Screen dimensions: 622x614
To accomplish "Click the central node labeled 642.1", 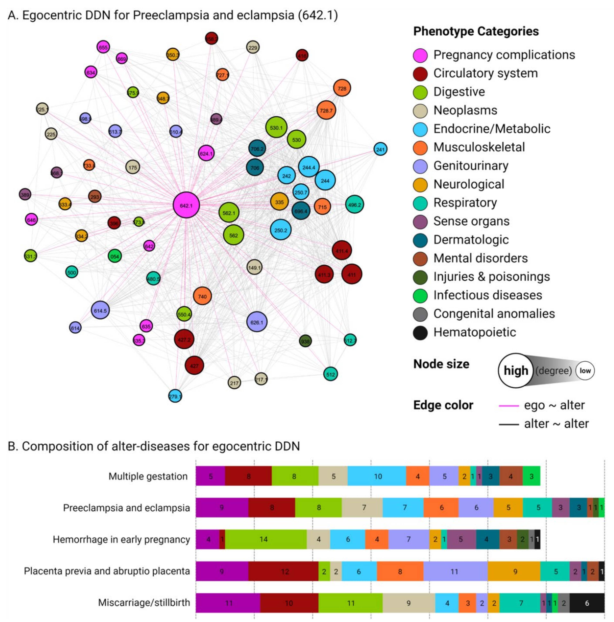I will pyautogui.click(x=186, y=205).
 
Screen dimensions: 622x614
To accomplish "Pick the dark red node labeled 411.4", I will pyautogui.click(x=341, y=251).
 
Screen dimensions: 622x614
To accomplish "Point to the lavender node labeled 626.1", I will pyautogui.click(x=256, y=322).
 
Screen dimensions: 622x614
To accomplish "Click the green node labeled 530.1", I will pyautogui.click(x=276, y=128).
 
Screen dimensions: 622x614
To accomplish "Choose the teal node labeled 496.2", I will pyautogui.click(x=354, y=204).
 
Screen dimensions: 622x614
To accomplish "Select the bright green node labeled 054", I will pyautogui.click(x=114, y=256).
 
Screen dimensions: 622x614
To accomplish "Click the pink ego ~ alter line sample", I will pyautogui.click(x=508, y=405).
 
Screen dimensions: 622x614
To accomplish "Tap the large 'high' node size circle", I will pyautogui.click(x=515, y=371).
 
